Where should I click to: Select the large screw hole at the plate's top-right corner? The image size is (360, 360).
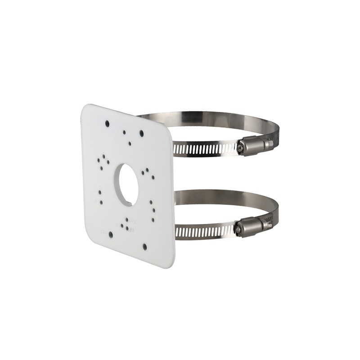point(141,134)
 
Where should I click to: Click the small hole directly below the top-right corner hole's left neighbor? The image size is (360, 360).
point(130,143)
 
